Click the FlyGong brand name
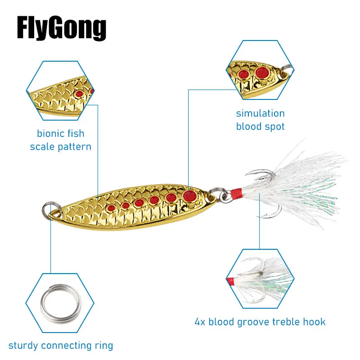pos(62,28)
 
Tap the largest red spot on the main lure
pos(189,195)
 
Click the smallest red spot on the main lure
pos(110,208)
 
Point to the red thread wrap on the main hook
pos(235,194)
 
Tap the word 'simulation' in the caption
pos(260,113)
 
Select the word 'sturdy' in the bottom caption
pos(23,346)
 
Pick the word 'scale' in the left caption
pos(42,147)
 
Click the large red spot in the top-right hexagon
pos(261,72)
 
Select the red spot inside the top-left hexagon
pos(80,93)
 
